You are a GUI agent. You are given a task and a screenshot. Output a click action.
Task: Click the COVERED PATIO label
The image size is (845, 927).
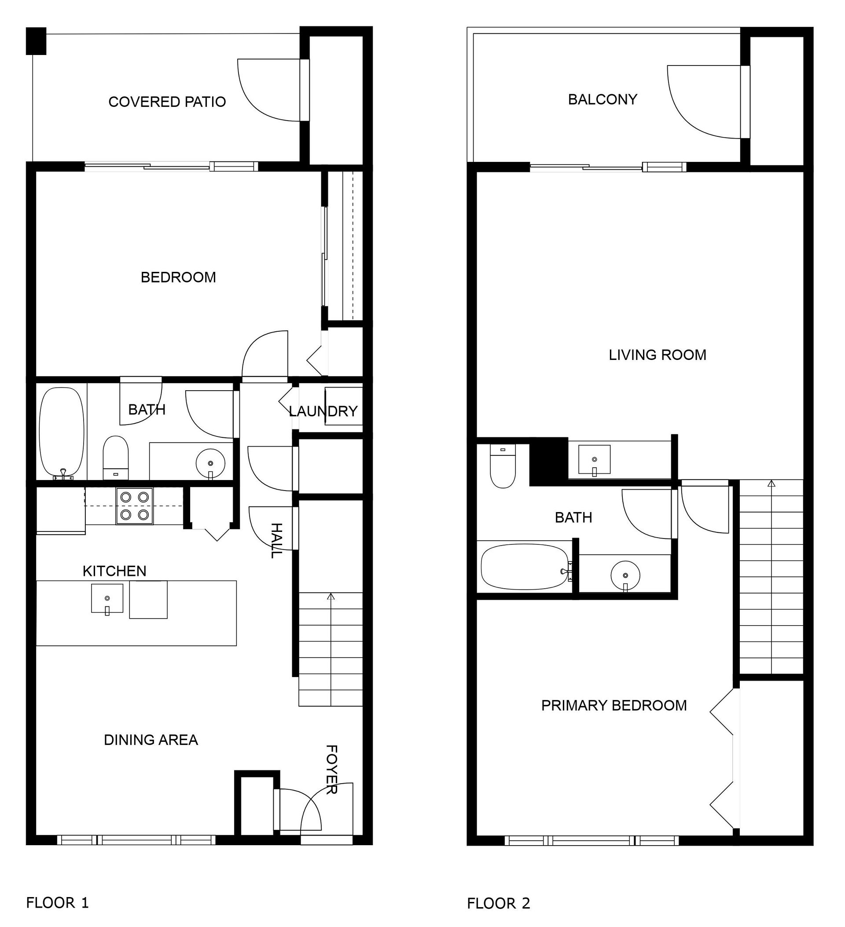coord(167,102)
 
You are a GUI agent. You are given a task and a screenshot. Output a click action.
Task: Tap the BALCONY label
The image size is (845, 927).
coord(602,99)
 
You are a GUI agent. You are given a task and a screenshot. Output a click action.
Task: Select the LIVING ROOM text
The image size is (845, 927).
coord(657,355)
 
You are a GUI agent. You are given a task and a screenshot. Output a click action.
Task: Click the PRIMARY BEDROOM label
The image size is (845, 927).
coord(614,705)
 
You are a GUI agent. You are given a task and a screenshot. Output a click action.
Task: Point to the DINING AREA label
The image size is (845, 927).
coord(151,740)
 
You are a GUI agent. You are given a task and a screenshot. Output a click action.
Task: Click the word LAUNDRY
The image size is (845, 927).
coord(323,411)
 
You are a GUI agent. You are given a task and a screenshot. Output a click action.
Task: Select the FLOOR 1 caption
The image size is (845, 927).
coord(57,902)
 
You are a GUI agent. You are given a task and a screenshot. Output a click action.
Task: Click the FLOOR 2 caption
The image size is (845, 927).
coord(498,903)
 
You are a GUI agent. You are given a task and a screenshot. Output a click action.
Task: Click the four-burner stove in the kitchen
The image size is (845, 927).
coord(134,506)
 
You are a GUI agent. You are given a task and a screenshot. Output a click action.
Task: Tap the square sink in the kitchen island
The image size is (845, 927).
coord(107,598)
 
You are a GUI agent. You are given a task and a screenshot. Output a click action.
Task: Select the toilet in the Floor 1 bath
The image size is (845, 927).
coord(115,458)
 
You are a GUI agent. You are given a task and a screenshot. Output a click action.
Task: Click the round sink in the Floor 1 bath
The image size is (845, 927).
coord(210,464)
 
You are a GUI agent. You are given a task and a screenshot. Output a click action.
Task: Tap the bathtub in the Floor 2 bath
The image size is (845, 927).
coord(525,567)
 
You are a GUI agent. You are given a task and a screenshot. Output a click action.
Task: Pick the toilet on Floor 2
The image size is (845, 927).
coord(503,465)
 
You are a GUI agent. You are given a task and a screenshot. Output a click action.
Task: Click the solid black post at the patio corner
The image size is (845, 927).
coord(36,41)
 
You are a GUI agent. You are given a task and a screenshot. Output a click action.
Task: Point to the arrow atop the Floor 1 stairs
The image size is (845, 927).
coord(330,597)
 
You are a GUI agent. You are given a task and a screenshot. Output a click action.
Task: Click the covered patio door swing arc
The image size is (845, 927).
coord(257,101)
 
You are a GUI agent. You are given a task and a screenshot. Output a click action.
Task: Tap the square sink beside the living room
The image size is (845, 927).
coord(594,459)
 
